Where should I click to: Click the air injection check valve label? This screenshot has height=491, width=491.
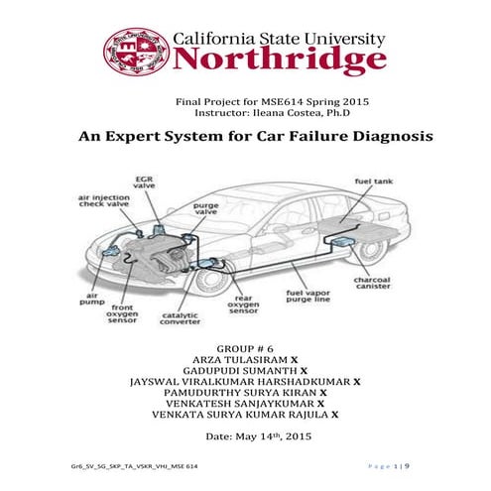pyautogui.click(x=104, y=203)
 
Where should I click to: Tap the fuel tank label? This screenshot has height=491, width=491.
pyautogui.click(x=374, y=183)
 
